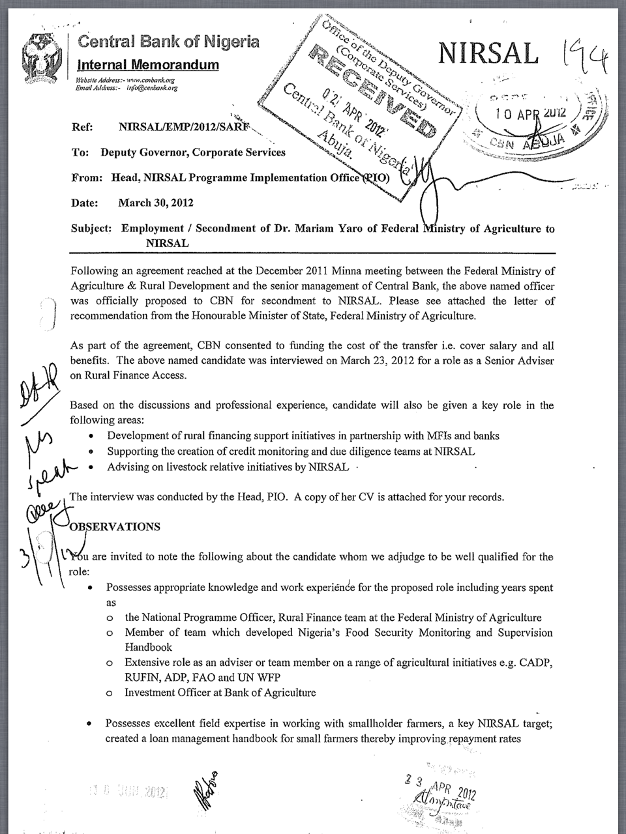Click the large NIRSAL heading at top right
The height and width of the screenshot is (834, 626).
pyautogui.click(x=489, y=53)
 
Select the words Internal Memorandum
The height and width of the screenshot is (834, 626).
pyautogui.click(x=148, y=65)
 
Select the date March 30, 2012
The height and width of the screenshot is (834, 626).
pyautogui.click(x=155, y=203)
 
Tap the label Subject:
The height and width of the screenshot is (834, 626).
pyautogui.click(x=91, y=229)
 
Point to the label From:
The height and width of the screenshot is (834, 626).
pyautogui.click(x=85, y=177)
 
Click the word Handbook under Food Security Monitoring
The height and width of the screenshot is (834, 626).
pyautogui.click(x=149, y=647)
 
